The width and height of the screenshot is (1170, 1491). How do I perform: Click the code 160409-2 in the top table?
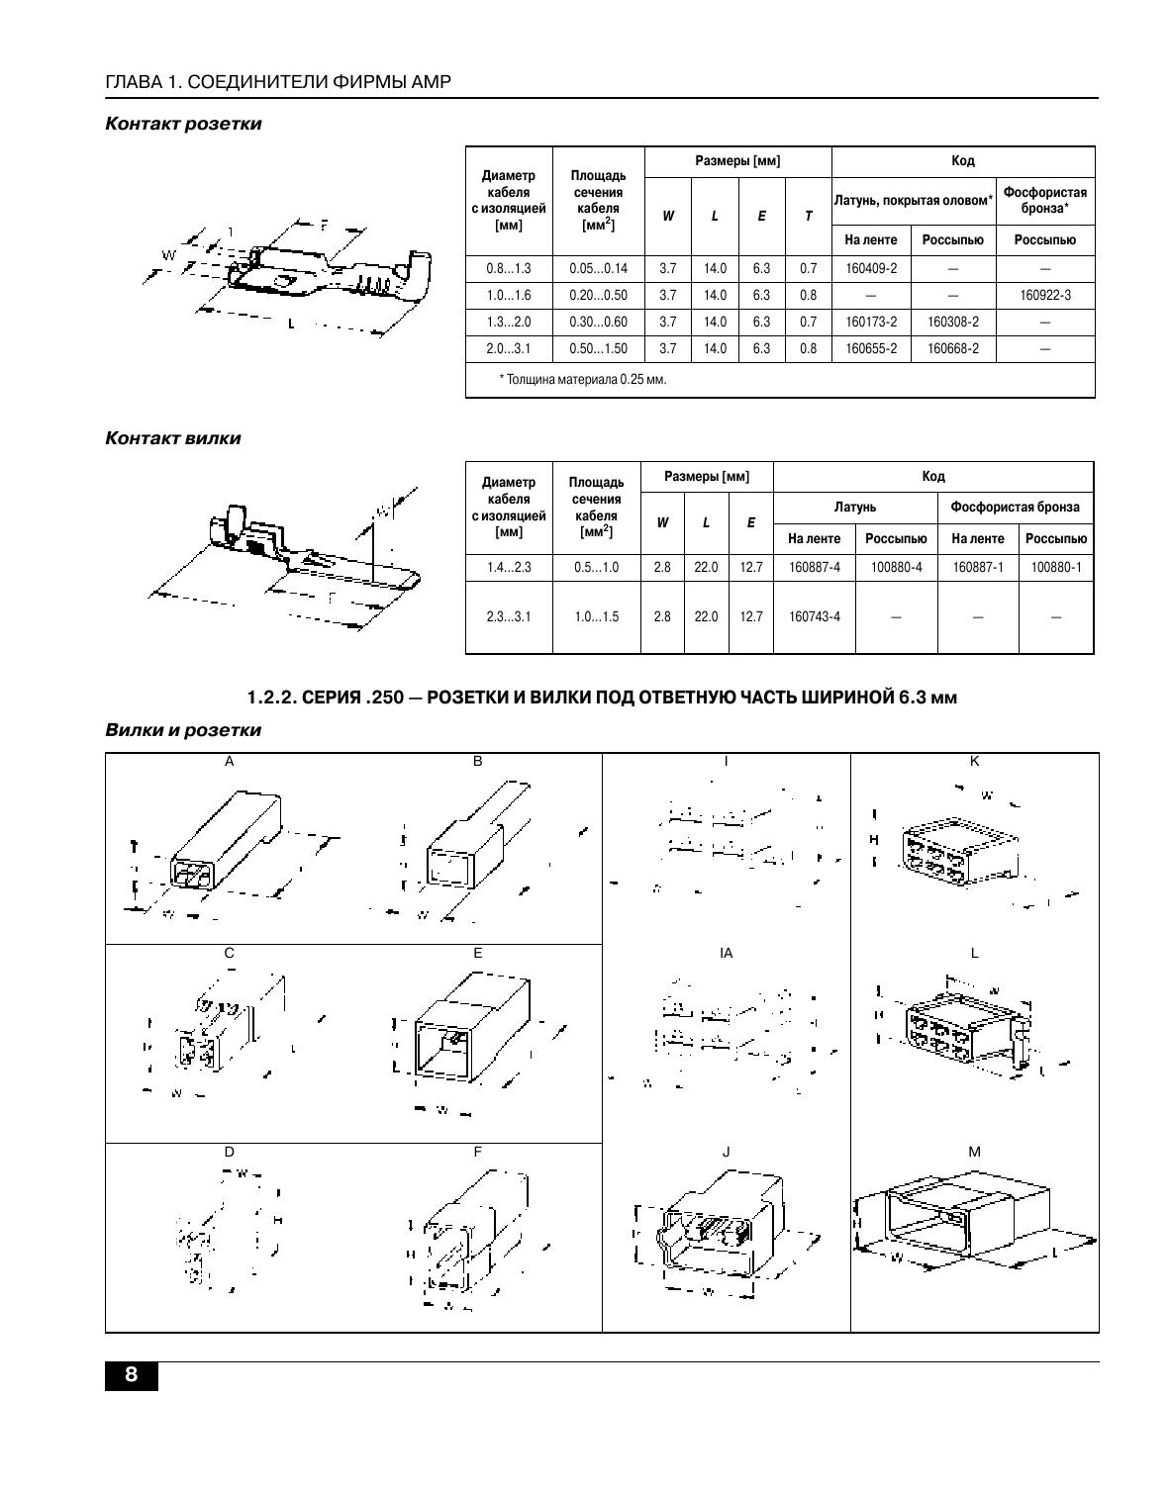(871, 268)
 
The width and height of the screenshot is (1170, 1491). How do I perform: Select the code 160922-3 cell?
(1044, 295)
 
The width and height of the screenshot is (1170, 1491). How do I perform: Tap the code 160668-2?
(952, 348)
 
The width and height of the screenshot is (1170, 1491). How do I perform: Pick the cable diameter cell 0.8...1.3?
(508, 268)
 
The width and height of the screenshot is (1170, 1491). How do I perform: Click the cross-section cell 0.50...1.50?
(598, 348)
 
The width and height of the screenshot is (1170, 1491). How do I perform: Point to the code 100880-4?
(896, 567)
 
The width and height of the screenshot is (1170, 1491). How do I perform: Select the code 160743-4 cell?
(814, 616)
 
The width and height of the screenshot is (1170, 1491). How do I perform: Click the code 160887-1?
(977, 567)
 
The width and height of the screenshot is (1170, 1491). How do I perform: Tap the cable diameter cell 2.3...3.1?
(508, 616)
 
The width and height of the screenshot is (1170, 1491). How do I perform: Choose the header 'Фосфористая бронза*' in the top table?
(1044, 200)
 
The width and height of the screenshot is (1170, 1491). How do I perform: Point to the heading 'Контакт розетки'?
(183, 124)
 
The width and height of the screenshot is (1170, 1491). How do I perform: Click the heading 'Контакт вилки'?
(172, 437)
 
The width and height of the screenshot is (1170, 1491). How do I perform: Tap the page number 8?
(131, 1376)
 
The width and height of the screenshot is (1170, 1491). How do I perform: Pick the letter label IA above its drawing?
(727, 953)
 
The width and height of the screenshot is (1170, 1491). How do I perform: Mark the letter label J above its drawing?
(727, 1152)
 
